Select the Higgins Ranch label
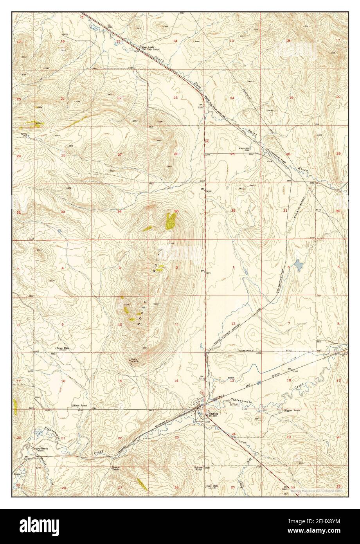[x=292, y=411]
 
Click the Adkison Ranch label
[x=78, y=405]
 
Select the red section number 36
[x=234, y=211]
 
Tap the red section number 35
[x=176, y=211]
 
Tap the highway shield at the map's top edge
[x=82, y=16]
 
